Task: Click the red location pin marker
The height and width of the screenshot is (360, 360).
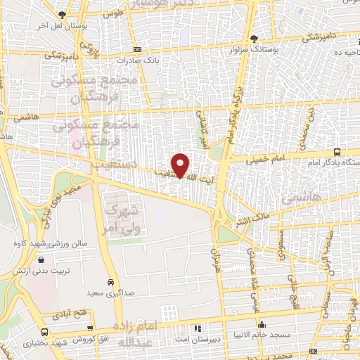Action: click(x=181, y=165)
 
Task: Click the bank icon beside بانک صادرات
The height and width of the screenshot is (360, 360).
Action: click(x=137, y=50)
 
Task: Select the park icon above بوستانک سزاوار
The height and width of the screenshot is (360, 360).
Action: click(x=254, y=39)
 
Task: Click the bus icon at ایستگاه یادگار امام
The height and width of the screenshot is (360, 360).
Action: click(x=337, y=152)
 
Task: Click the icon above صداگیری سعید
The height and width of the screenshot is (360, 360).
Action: click(x=110, y=280)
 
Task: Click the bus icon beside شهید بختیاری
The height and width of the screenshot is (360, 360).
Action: click(x=45, y=331)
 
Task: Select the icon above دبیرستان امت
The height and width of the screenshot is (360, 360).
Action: click(x=198, y=328)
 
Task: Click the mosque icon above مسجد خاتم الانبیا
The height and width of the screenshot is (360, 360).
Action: click(x=262, y=325)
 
